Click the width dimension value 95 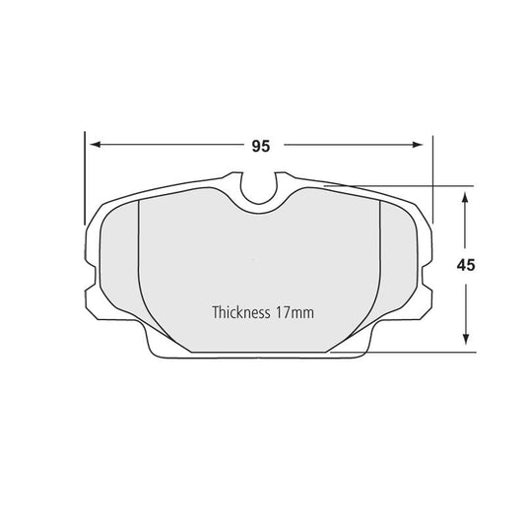(x=260, y=146)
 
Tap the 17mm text (x=296, y=313)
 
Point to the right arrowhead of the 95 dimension (x=425, y=146)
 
